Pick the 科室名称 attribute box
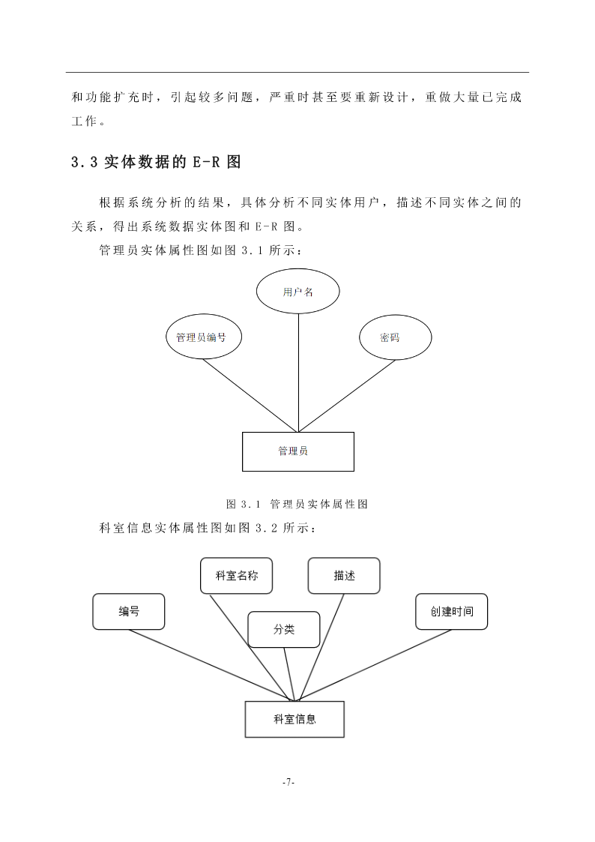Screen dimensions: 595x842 [x=237, y=576]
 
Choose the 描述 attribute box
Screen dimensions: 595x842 [x=344, y=576]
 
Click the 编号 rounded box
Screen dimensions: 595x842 [x=129, y=612]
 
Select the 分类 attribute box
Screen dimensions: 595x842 [x=284, y=629]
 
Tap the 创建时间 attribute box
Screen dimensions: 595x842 [x=452, y=612]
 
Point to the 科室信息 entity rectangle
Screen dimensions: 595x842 [x=295, y=719]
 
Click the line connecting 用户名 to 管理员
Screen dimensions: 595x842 [x=298, y=373]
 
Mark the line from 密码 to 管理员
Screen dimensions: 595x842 [x=347, y=396]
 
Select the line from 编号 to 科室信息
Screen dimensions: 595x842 [x=212, y=665]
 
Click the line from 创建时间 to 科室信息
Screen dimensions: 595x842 [x=375, y=665]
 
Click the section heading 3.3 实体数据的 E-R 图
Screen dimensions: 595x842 [x=156, y=162]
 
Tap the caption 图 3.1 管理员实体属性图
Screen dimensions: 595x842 [x=297, y=505]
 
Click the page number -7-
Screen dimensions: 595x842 [x=289, y=783]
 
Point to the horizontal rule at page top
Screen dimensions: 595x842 [x=297, y=72]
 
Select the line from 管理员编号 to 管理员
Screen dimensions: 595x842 [x=250, y=395]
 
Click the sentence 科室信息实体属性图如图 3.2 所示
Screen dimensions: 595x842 [x=208, y=528]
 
